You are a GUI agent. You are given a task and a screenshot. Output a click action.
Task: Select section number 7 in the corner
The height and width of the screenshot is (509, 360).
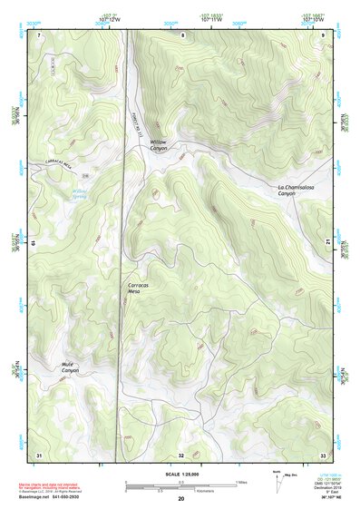[x=39, y=34]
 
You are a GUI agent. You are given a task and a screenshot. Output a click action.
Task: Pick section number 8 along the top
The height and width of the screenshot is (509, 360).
[x=182, y=34]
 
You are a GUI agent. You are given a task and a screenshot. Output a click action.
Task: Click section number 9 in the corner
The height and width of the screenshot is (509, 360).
[x=324, y=34]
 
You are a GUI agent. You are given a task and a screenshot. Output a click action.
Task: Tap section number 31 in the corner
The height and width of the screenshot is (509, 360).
[x=38, y=454]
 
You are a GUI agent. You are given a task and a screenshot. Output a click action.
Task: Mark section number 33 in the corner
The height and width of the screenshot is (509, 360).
[x=323, y=454]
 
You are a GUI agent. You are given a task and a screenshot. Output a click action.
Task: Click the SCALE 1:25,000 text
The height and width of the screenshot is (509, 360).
[x=181, y=474]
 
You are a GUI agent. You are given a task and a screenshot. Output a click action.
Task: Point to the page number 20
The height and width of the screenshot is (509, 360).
[x=181, y=499]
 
